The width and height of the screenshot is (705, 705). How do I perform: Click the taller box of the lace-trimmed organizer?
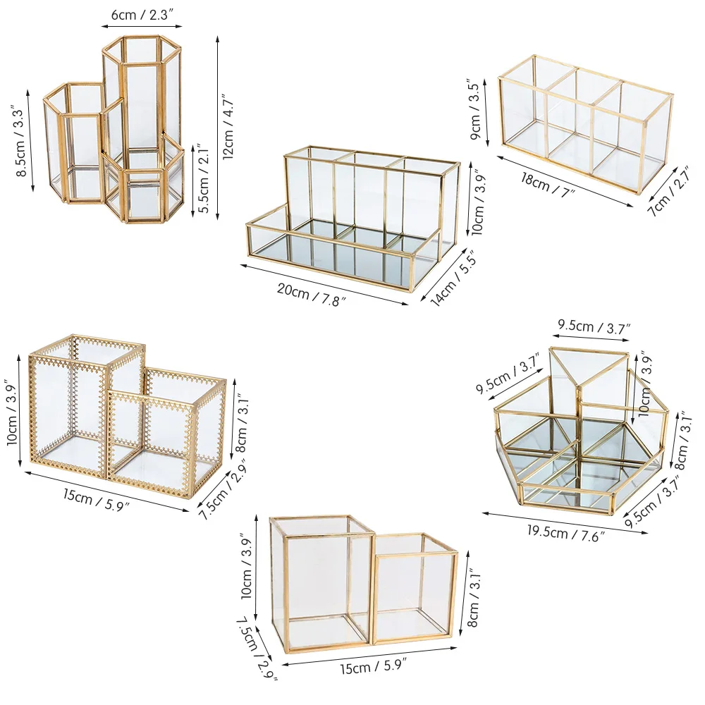(70, 402)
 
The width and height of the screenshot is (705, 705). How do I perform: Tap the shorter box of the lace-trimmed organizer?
(169, 430)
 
